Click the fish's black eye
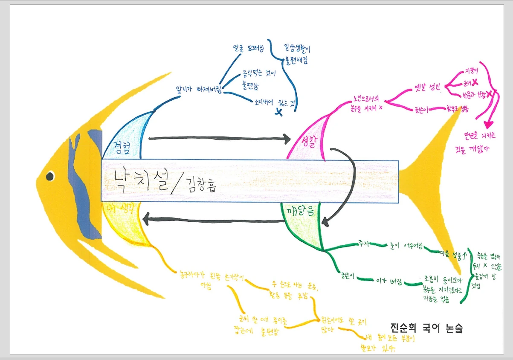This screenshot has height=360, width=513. tap(50, 176)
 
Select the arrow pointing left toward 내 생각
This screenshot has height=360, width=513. tap(213, 220)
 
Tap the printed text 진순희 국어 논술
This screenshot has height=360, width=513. tap(426, 328)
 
